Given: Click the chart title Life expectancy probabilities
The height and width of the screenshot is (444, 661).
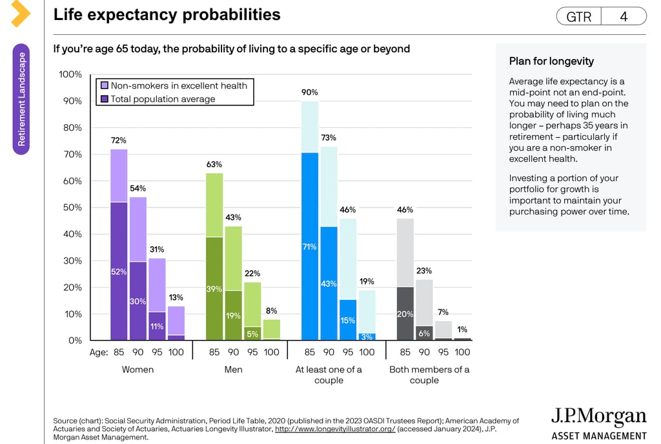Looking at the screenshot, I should point(167,15).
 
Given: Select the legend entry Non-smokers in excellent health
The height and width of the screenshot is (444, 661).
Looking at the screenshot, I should point(178,85).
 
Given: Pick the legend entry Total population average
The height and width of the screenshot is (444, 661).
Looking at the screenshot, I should point(163,99).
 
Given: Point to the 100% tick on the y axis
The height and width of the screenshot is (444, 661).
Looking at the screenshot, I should point(70,74).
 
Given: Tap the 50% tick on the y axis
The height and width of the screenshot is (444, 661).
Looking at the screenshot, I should point(72,207).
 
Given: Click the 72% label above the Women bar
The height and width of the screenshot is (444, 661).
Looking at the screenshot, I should point(119,140).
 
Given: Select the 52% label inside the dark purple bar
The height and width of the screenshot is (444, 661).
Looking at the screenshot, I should point(119,272).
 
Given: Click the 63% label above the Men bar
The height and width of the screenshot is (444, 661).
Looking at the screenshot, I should point(214,164).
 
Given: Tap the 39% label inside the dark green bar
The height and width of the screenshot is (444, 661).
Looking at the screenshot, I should point(214,289).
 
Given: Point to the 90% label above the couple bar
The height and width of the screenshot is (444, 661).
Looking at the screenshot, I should point(310,92).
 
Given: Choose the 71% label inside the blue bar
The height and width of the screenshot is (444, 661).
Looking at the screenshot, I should point(309,247).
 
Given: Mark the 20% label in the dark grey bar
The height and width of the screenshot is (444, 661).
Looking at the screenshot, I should point(405,314).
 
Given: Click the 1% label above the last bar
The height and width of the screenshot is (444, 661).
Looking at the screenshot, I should point(462,329).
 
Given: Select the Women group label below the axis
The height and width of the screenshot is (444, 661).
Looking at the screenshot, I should point(138,370).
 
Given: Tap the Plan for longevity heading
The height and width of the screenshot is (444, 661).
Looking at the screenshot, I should point(551,61).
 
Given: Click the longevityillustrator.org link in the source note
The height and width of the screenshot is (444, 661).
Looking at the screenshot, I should point(335,429).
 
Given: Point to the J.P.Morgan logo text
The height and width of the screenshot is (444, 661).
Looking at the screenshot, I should point(598,417).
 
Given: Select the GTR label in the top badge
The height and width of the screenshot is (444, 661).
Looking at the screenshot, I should point(578,17).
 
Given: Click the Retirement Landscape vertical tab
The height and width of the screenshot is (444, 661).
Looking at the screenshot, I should point(21,99).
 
